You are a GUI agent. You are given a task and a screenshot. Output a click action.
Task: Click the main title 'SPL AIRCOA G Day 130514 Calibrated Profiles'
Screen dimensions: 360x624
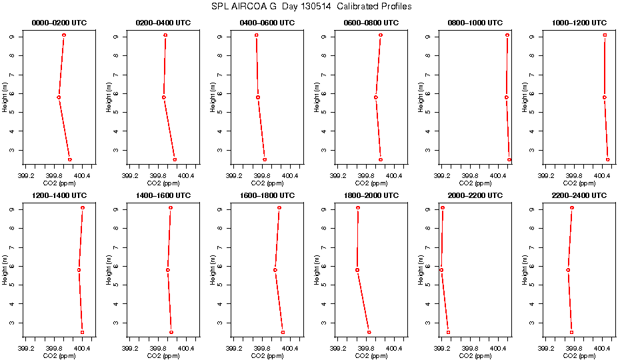pyautogui.click(x=311, y=7)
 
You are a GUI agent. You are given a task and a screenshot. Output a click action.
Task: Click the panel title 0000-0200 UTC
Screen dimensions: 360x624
pyautogui.click(x=59, y=23)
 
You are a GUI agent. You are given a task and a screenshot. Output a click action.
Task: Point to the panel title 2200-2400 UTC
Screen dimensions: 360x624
pyautogui.click(x=580, y=195)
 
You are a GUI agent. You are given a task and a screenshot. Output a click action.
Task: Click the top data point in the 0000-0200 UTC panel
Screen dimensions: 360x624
pyautogui.click(x=64, y=35)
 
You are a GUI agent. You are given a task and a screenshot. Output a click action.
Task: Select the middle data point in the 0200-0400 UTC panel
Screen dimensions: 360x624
pyautogui.click(x=163, y=97)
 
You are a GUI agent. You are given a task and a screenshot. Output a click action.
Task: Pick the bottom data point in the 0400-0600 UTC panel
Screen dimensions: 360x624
pyautogui.click(x=265, y=159)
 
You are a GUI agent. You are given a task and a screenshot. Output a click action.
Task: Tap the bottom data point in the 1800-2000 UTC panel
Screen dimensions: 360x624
pyautogui.click(x=369, y=332)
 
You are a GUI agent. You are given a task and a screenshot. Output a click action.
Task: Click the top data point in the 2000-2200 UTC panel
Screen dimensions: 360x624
pyautogui.click(x=443, y=208)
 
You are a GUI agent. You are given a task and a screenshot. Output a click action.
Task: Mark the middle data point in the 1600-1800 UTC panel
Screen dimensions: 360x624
pyautogui.click(x=275, y=270)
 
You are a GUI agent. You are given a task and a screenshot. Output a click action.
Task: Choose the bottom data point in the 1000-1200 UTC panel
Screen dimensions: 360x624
pyautogui.click(x=608, y=159)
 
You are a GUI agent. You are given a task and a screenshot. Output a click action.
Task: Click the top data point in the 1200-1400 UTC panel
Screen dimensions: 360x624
pyautogui.click(x=83, y=208)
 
